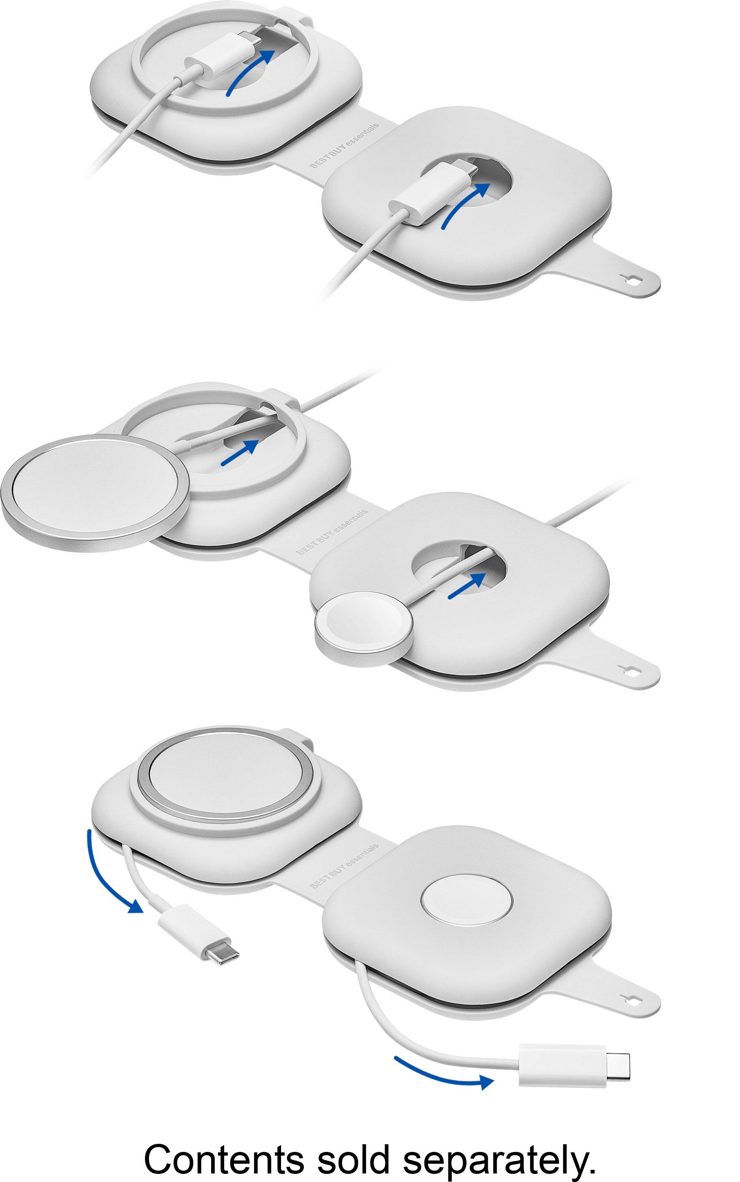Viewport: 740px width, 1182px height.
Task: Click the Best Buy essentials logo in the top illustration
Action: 344,145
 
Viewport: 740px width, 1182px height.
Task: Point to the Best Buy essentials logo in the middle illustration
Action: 331,532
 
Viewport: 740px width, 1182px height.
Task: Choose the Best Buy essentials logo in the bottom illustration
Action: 344,866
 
